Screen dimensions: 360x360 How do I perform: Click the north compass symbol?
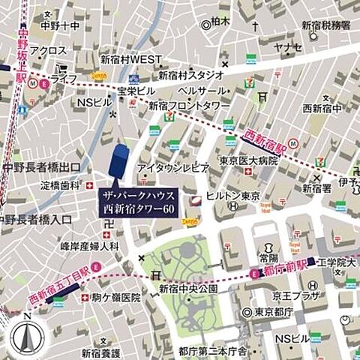(27, 334)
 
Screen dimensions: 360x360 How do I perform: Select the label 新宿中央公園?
(187, 289)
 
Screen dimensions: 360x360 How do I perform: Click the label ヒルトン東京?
(237, 195)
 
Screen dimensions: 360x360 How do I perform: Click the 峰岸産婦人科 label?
(90, 244)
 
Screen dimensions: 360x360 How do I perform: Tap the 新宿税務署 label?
(325, 25)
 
